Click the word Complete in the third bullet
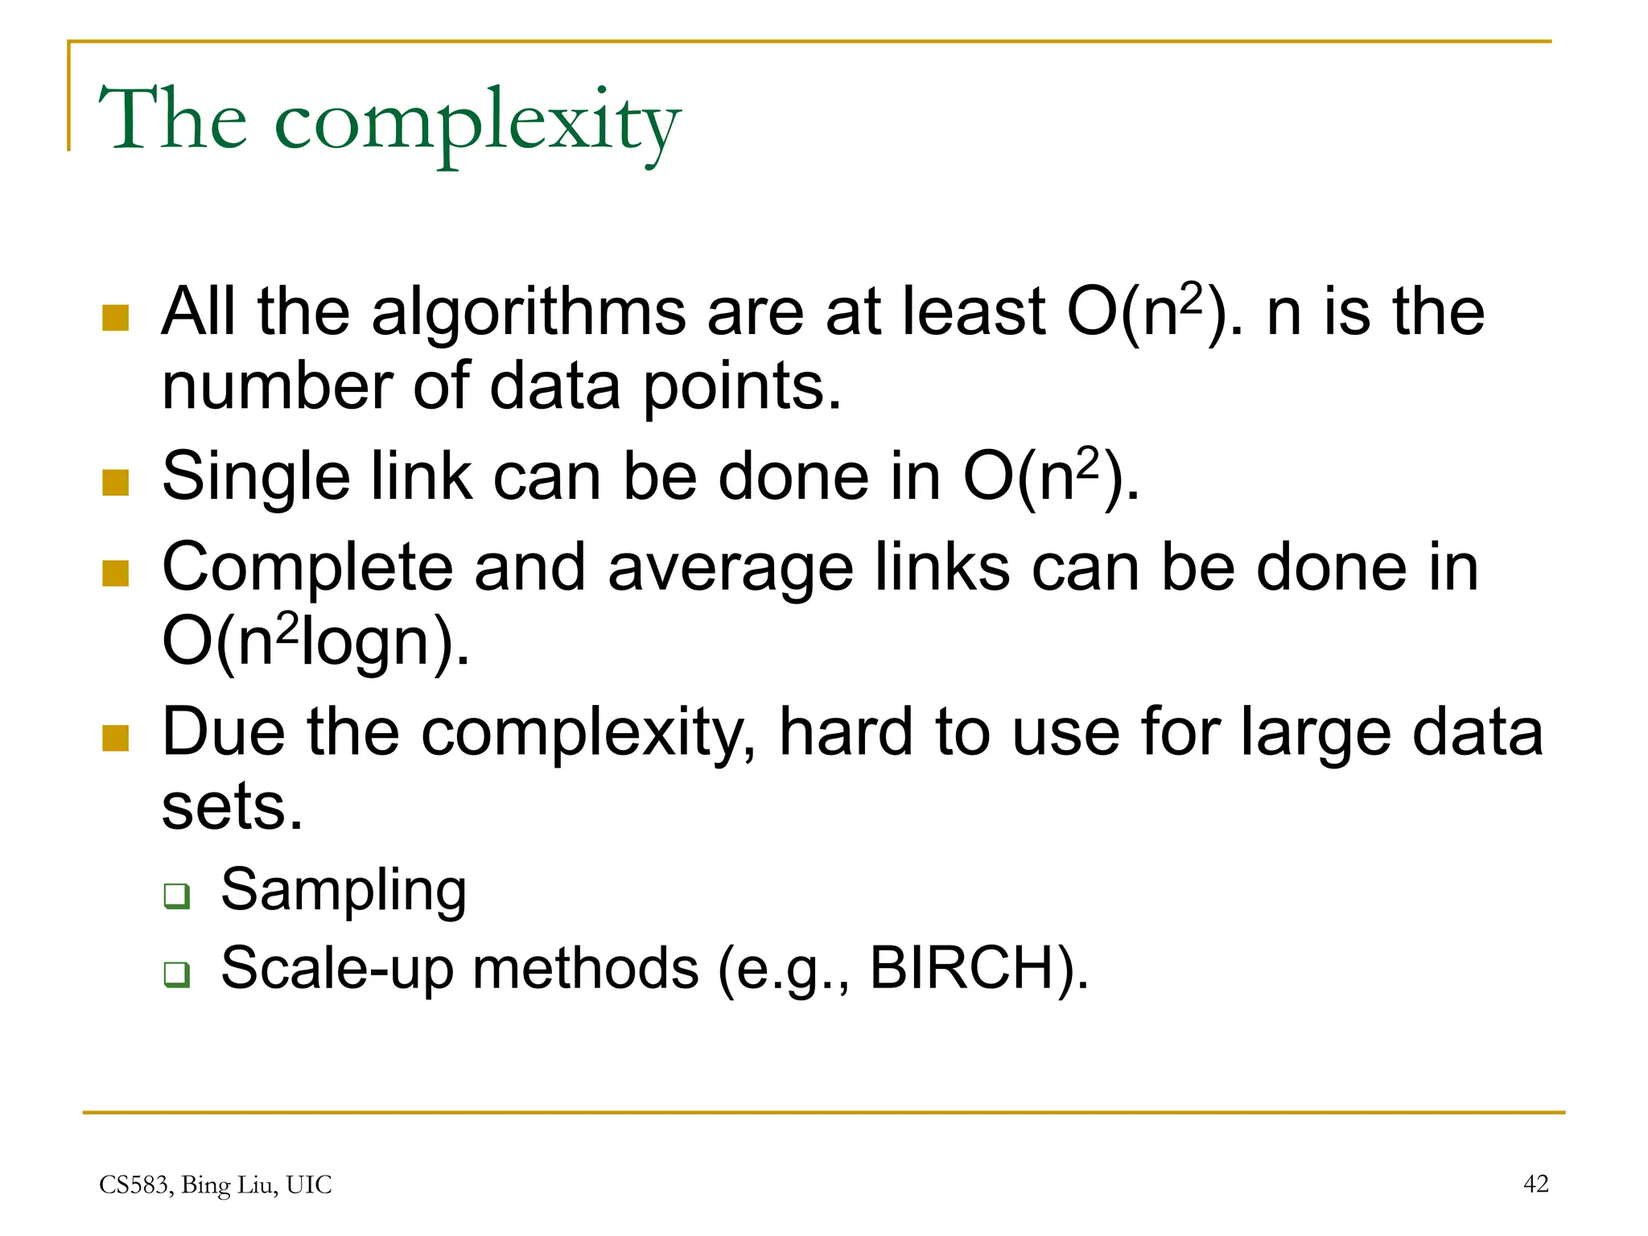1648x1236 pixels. [307, 568]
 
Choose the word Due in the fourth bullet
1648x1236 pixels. [223, 732]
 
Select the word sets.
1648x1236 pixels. [232, 807]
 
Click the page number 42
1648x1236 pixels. [1535, 1184]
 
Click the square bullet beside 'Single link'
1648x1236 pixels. [116, 483]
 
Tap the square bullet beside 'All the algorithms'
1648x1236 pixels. [116, 318]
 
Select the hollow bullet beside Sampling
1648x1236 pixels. [176, 896]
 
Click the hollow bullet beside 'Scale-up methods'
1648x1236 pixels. [176, 974]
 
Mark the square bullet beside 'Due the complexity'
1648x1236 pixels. [116, 738]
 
